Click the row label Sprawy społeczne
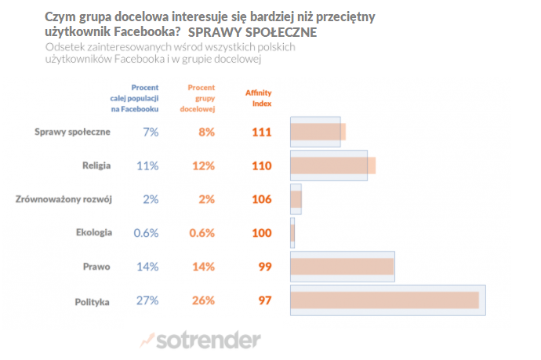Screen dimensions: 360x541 [73, 132]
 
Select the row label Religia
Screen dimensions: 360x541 [96, 165]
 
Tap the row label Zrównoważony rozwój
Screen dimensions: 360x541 [64, 199]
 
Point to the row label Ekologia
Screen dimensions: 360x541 [94, 233]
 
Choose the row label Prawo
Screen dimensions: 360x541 [98, 267]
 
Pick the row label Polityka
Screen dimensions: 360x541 [93, 300]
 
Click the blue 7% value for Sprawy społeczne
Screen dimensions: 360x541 [150, 132]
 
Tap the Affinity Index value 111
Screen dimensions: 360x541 [261, 132]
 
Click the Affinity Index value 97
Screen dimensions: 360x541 [264, 300]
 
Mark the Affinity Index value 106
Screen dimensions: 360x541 [261, 199]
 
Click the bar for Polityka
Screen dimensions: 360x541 [387, 300]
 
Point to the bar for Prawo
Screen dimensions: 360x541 [342, 267]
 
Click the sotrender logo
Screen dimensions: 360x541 [202, 340]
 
